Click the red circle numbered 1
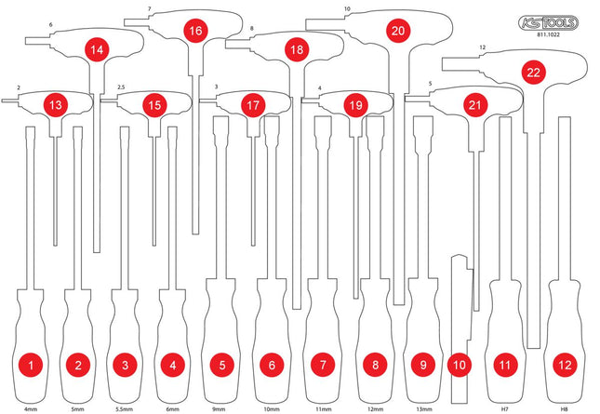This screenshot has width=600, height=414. (x=31, y=365)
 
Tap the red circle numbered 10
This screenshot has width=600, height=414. (x=460, y=365)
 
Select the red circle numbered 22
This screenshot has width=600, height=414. (x=533, y=73)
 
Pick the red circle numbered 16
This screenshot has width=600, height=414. (x=195, y=31)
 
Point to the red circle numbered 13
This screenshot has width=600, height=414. (x=56, y=105)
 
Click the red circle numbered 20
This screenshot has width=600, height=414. (x=398, y=31)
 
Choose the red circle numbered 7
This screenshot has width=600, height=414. (x=323, y=365)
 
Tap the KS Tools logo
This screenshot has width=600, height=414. (x=548, y=23)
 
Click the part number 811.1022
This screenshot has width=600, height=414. (x=549, y=34)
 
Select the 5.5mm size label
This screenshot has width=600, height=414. (x=125, y=409)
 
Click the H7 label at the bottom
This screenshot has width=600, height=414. (x=505, y=409)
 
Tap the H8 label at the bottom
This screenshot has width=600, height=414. (x=564, y=409)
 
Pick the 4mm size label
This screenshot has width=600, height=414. (x=31, y=409)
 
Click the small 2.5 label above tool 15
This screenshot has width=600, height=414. (x=121, y=87)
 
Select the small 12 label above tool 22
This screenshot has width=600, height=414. (x=482, y=47)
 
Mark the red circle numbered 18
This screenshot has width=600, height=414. (x=297, y=49)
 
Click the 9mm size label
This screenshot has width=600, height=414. (x=219, y=409)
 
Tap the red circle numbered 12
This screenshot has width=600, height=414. (x=565, y=365)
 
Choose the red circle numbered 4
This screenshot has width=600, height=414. (x=173, y=365)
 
